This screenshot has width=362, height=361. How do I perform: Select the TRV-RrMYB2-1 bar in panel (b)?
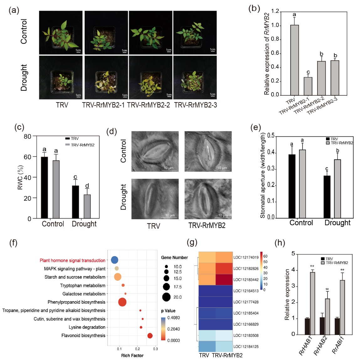click(308, 86)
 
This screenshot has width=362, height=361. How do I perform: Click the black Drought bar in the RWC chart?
click(76, 202)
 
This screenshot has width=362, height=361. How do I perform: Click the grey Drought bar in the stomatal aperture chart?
click(338, 188)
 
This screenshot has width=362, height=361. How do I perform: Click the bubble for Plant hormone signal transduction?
click(114, 260)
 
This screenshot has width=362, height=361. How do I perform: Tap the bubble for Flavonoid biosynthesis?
click(150, 336)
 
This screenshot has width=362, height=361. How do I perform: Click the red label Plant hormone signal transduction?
click(72, 260)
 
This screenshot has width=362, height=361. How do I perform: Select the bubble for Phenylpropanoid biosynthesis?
click(122, 302)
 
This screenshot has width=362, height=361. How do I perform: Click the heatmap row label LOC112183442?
click(246, 280)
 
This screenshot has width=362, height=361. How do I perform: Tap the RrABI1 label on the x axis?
click(338, 345)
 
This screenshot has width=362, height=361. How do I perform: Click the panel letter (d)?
click(112, 131)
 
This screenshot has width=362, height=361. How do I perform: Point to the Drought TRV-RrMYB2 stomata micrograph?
click(208, 199)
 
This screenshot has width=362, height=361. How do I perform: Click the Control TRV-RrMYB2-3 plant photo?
click(195, 33)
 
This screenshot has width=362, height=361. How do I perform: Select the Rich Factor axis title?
click(132, 355)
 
